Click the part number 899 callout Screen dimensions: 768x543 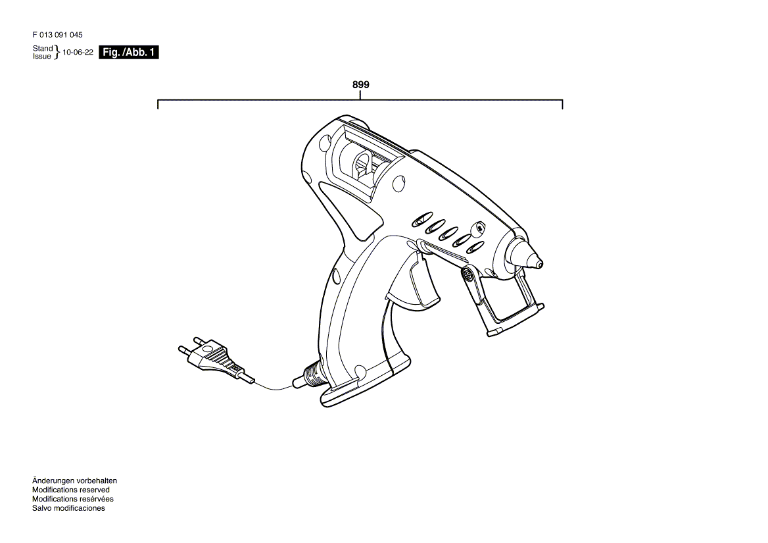pyautogui.click(x=360, y=85)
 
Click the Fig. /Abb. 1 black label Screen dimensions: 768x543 pyautogui.click(x=129, y=53)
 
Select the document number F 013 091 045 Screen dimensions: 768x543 pyautogui.click(x=58, y=35)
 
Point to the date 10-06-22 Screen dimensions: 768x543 pyautogui.click(x=78, y=52)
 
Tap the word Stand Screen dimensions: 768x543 pyautogui.click(x=43, y=48)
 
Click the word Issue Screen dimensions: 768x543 pyautogui.click(x=41, y=57)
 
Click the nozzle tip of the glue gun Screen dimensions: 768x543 pyautogui.click(x=538, y=263)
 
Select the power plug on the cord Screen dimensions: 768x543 pyautogui.click(x=216, y=358)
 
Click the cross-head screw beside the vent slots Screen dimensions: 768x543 pyautogui.click(x=478, y=228)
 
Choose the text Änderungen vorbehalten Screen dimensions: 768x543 pyautogui.click(x=74, y=480)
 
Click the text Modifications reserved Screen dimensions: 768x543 pyautogui.click(x=71, y=490)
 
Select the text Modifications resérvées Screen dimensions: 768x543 pyautogui.click(x=73, y=499)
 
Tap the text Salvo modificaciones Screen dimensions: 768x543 pyautogui.click(x=68, y=508)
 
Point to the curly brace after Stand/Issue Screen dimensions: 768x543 pyautogui.click(x=57, y=52)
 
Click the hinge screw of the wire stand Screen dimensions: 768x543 pyautogui.click(x=469, y=274)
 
